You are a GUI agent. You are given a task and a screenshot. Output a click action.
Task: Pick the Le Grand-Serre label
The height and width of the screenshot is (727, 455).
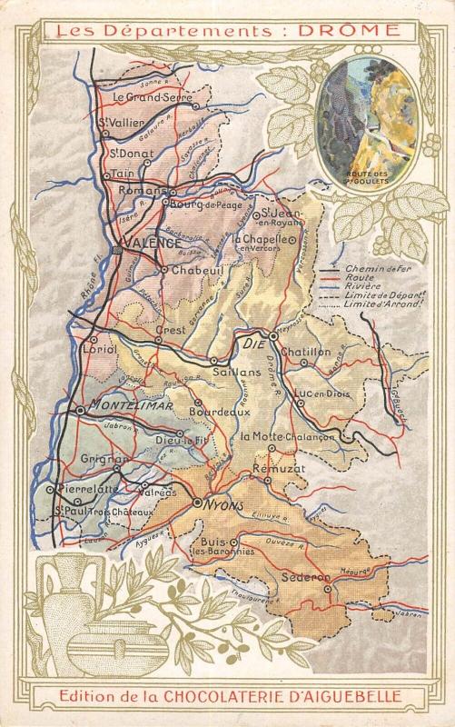tap(147, 95)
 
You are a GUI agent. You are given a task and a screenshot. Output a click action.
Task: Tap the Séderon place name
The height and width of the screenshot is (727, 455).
tap(334, 577)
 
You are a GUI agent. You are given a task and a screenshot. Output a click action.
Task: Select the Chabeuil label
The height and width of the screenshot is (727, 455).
tap(191, 270)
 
